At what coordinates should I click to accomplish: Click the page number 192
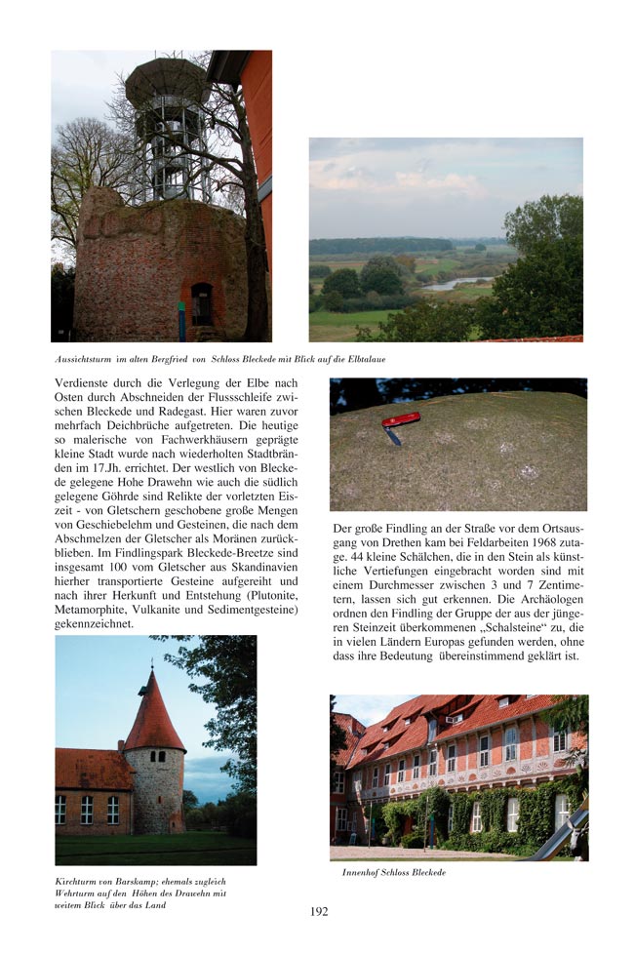pos(319,912)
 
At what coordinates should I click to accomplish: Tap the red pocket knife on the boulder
pos(399,421)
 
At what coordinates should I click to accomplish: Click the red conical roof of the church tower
pos(153,715)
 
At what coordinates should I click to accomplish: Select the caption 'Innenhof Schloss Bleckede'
pos(393,872)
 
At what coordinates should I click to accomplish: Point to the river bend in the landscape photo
pos(454,284)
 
